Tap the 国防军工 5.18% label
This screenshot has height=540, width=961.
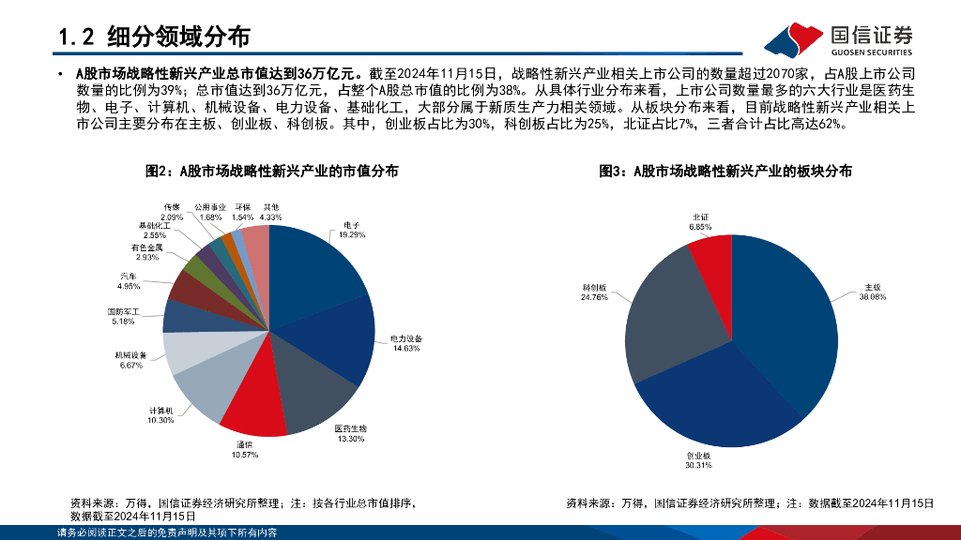[x=123, y=316]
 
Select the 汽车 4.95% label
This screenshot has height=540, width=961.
[x=129, y=280]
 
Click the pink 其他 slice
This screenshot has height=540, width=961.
[x=257, y=248]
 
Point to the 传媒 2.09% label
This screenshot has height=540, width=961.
[x=171, y=211]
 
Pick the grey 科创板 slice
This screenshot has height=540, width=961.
[x=666, y=309]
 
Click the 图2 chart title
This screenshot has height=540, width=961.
[x=271, y=171]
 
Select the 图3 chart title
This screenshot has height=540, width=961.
[x=725, y=171]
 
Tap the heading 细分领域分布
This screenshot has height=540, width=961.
[x=178, y=37]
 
